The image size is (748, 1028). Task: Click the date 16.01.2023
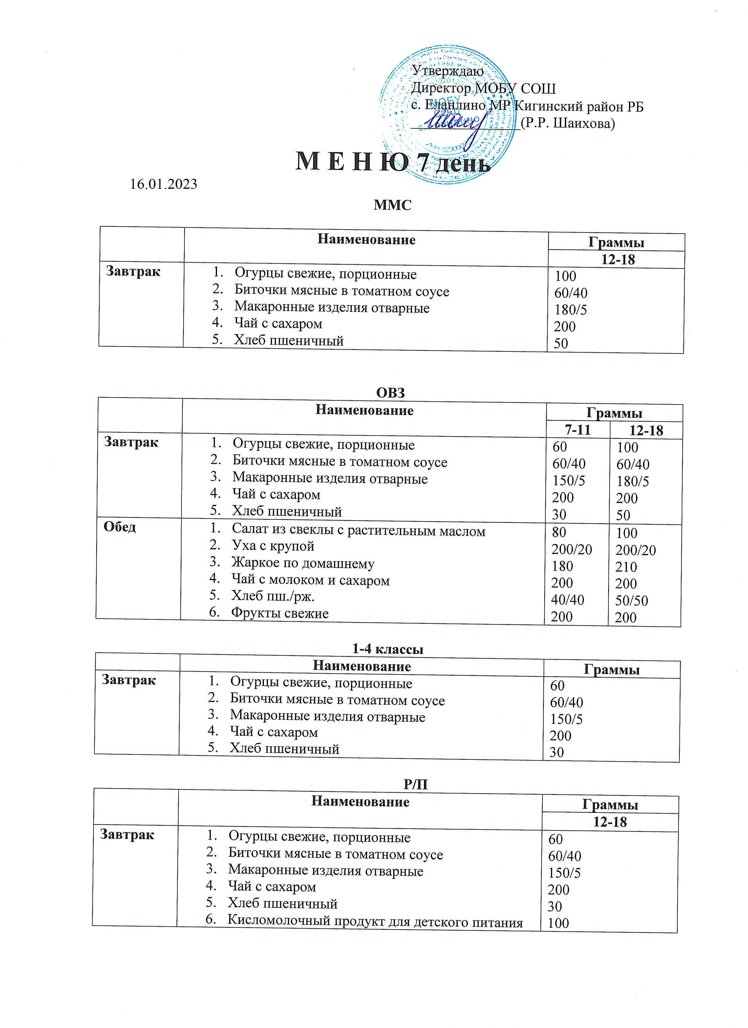pos(164,184)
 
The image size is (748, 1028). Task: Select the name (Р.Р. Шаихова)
pos(568,123)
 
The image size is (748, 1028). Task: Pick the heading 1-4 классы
pos(388,649)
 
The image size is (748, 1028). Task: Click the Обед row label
pos(120,527)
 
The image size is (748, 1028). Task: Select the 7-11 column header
pos(578,429)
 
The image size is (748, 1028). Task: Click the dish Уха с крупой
pos(273,546)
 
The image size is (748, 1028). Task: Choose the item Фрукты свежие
pos(280,613)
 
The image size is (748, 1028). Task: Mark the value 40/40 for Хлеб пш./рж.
pos(568,600)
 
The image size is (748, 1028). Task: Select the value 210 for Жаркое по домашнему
pos(626,567)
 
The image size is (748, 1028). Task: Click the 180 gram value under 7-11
pos(562,566)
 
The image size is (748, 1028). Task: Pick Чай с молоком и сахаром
pos(311,580)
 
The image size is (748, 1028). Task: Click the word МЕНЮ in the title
pos(352,162)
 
